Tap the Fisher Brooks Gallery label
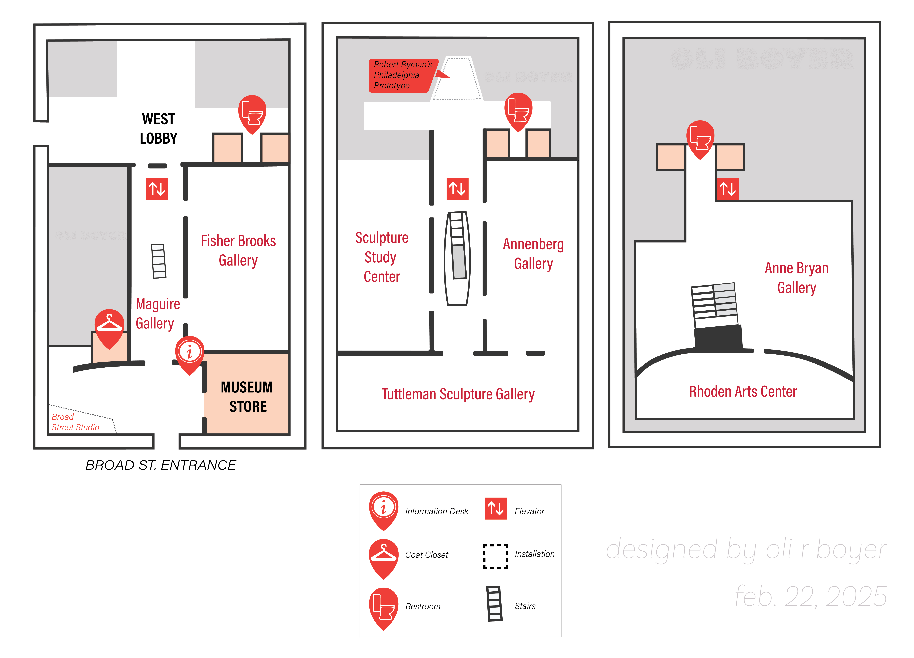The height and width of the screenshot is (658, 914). (x=238, y=250)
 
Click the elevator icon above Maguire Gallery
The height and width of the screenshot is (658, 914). (x=157, y=189)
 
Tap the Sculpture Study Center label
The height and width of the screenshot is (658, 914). (x=382, y=257)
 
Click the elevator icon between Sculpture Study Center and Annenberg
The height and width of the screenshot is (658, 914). (x=457, y=188)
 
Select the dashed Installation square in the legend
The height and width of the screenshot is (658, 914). (x=495, y=556)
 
